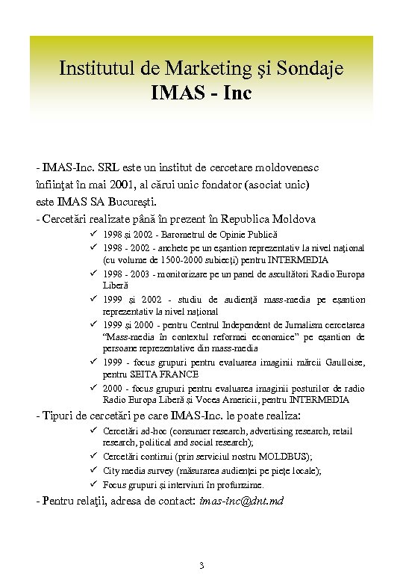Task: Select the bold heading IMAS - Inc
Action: [x=201, y=94]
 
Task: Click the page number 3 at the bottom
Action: [x=201, y=564]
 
